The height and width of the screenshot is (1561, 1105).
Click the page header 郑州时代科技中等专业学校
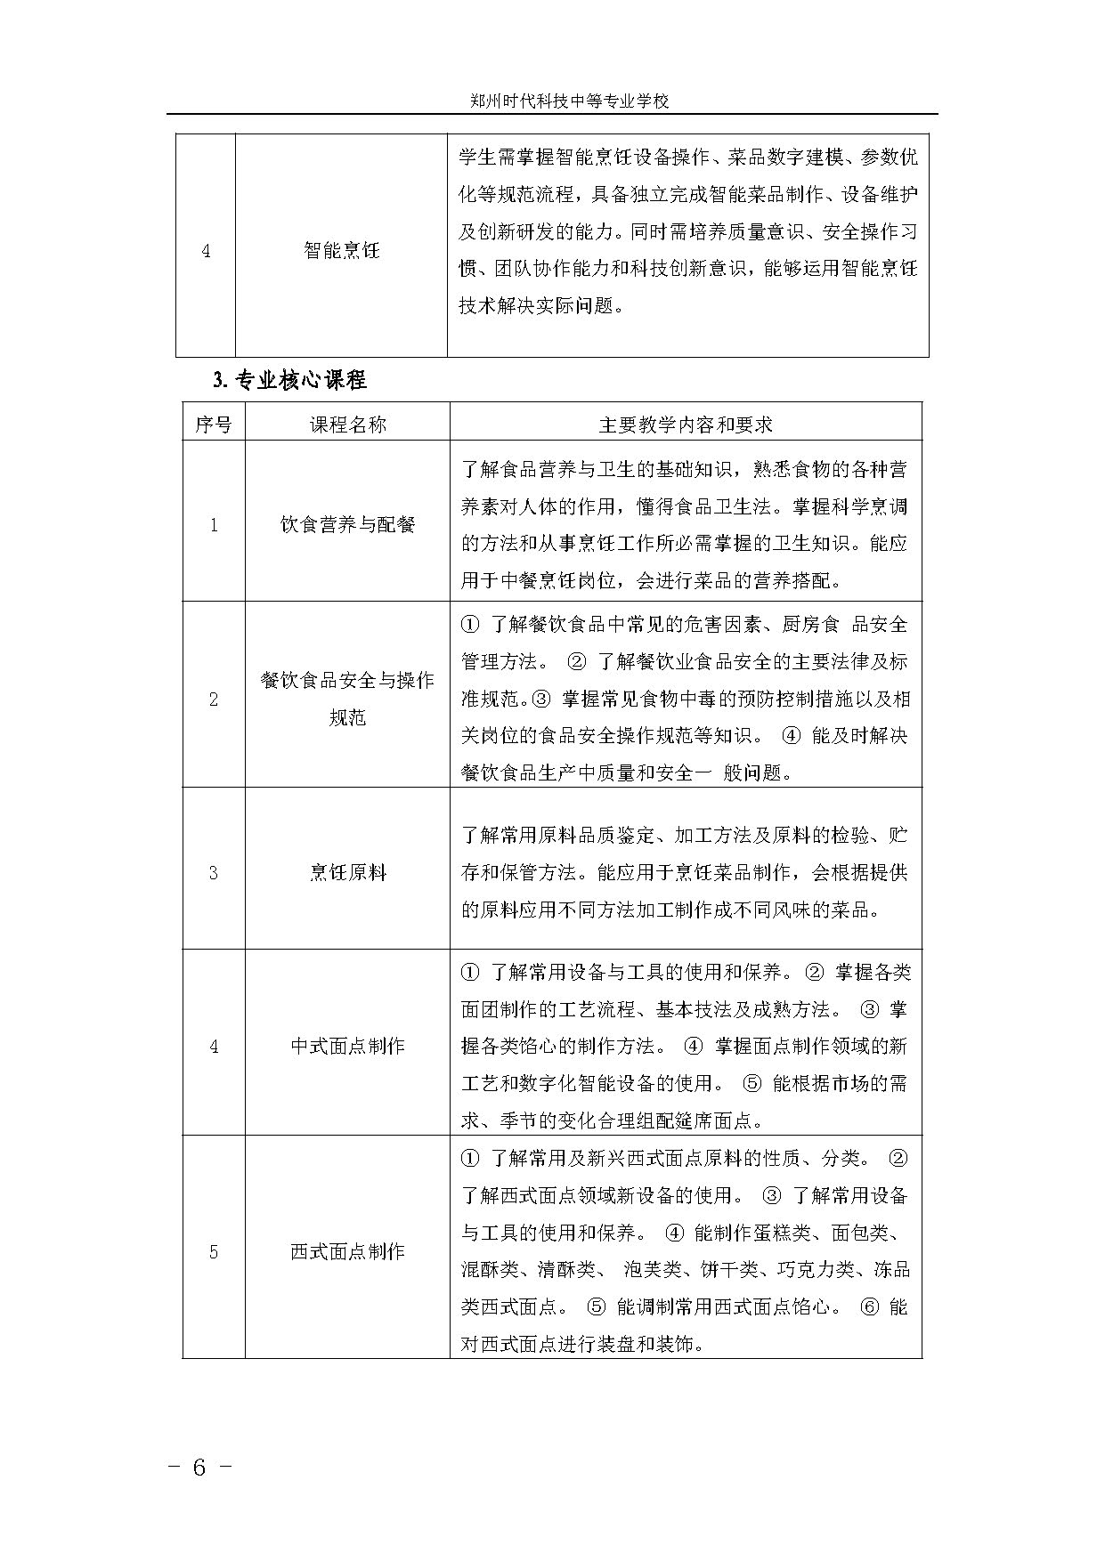tap(569, 101)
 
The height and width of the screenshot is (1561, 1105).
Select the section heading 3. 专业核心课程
tap(289, 381)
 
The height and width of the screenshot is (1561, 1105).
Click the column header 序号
tap(214, 425)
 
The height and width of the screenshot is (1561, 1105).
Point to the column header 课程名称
tap(347, 425)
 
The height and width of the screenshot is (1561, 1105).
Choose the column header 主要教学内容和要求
tap(686, 425)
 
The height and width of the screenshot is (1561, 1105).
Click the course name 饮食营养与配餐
tap(347, 525)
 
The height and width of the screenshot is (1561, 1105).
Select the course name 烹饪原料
tap(347, 873)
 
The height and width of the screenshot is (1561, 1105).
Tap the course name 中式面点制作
tap(347, 1047)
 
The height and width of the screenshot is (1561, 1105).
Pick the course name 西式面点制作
tap(347, 1252)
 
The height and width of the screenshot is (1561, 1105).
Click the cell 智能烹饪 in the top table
tap(341, 251)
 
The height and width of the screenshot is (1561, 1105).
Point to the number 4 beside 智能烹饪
tap(206, 251)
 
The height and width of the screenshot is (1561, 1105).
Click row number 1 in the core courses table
tap(214, 525)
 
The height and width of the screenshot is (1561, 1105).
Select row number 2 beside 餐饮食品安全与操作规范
tap(214, 700)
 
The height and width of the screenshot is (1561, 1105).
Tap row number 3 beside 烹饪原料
tap(214, 873)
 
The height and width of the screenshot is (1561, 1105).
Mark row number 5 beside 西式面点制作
tap(214, 1252)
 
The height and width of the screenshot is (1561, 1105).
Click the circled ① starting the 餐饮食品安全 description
tap(470, 625)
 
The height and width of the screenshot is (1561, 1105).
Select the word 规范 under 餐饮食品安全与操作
tap(347, 718)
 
